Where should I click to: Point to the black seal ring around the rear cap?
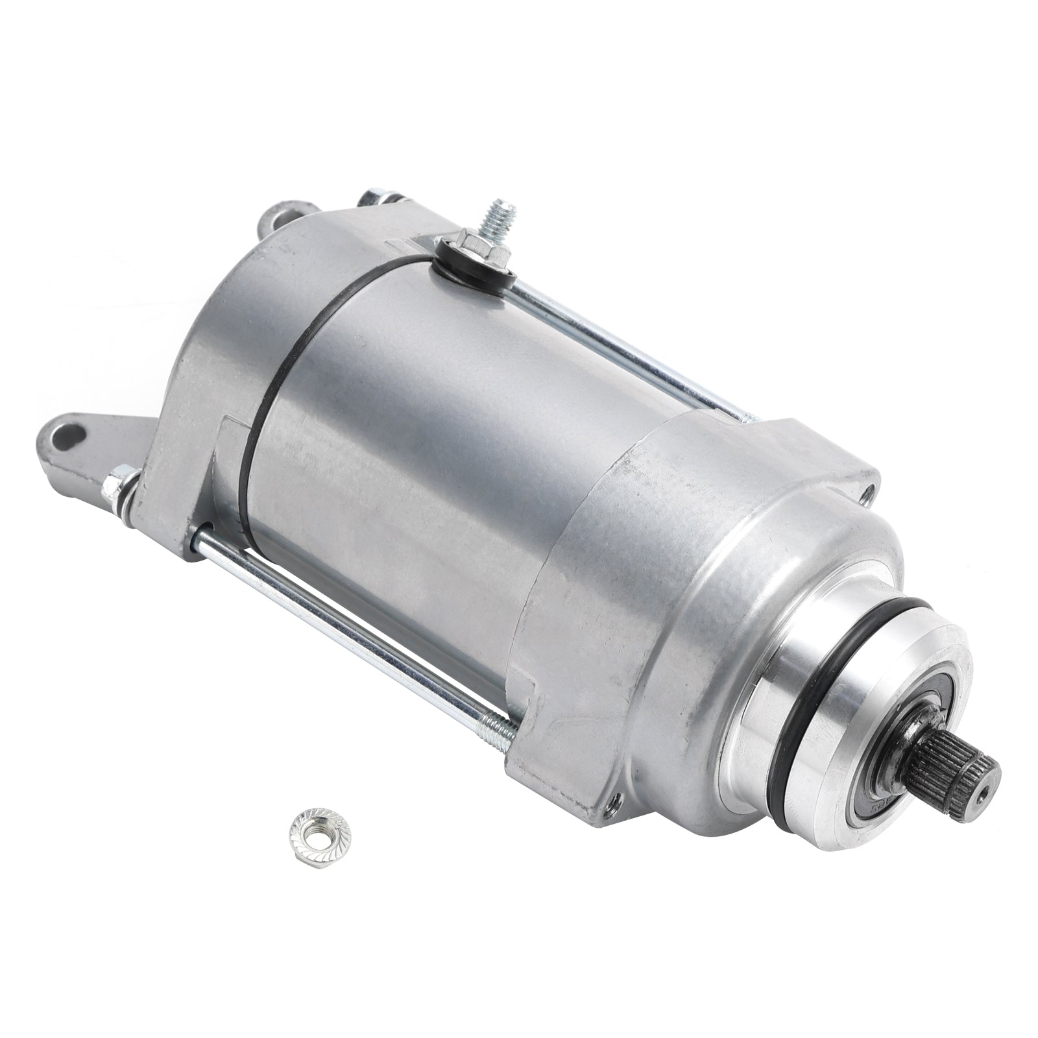click(259, 389)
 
